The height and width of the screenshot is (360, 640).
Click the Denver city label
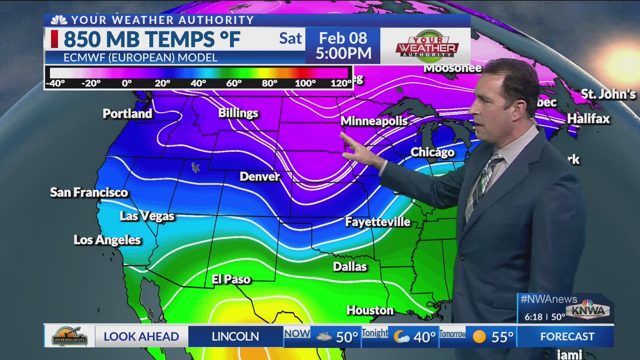(260, 176)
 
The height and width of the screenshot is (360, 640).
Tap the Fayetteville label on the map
(378, 222)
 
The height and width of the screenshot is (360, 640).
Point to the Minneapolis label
(374, 121)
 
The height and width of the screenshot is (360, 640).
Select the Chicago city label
(432, 152)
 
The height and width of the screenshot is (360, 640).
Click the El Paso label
(231, 279)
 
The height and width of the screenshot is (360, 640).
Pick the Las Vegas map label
(147, 216)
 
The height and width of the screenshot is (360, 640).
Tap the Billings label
(238, 113)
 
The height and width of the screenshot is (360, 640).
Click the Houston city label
(370, 310)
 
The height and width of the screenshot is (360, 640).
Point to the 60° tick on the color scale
(234, 83)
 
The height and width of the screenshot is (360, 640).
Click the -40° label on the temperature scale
(55, 83)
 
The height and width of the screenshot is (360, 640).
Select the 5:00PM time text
(343, 53)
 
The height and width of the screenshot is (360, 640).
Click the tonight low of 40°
(424, 337)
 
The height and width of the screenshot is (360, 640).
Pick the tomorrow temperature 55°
(502, 337)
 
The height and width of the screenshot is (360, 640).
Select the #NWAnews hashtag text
(549, 299)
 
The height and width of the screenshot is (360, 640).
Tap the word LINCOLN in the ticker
(235, 337)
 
